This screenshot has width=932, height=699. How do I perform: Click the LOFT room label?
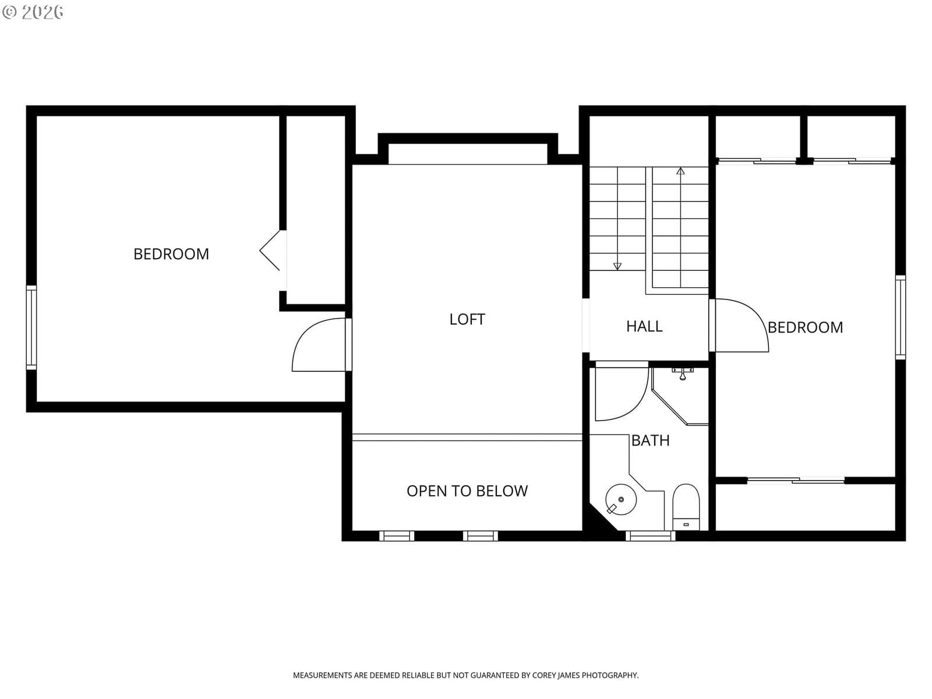pyautogui.click(x=467, y=319)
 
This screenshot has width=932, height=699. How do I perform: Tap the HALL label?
pyautogui.click(x=644, y=326)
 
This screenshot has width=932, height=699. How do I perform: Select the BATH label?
pyautogui.click(x=650, y=440)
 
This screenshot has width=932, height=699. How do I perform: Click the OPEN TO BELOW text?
pyautogui.click(x=467, y=491)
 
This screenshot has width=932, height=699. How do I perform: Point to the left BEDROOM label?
pyautogui.click(x=171, y=254)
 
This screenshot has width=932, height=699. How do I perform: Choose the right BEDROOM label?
pyautogui.click(x=805, y=327)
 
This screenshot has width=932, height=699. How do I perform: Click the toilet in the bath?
pyautogui.click(x=686, y=507)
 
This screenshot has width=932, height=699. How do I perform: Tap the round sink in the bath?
pyautogui.click(x=621, y=500)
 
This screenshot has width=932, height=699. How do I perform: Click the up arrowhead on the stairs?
pyautogui.click(x=680, y=171)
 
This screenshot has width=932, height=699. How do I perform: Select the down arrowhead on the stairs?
pyautogui.click(x=617, y=266)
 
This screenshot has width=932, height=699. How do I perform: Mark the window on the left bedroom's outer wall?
pyautogui.click(x=31, y=327)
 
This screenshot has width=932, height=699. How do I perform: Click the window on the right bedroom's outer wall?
pyautogui.click(x=900, y=317)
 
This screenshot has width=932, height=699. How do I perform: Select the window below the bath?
pyautogui.click(x=650, y=535)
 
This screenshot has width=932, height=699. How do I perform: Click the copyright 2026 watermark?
pyautogui.click(x=33, y=12)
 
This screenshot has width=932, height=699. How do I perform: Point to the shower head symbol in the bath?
pyautogui.click(x=682, y=374)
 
